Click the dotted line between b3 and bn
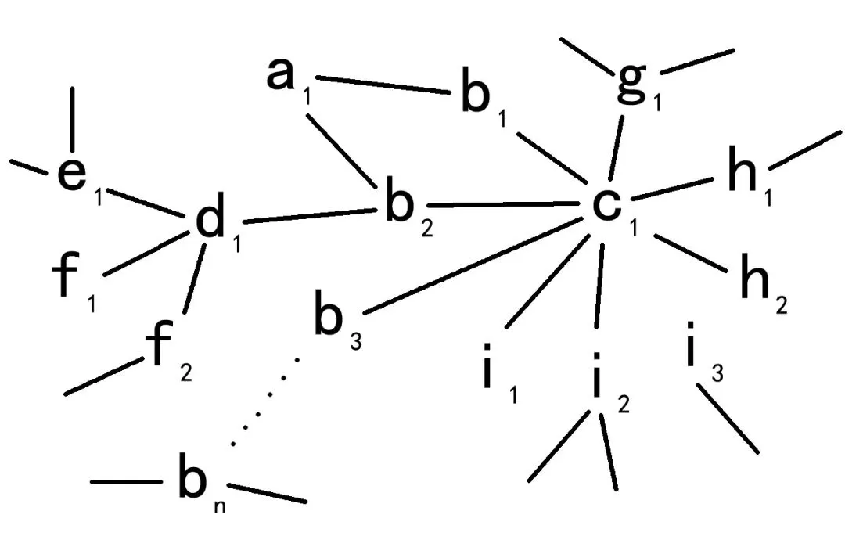coord(266,400)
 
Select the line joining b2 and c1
coord(501,206)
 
